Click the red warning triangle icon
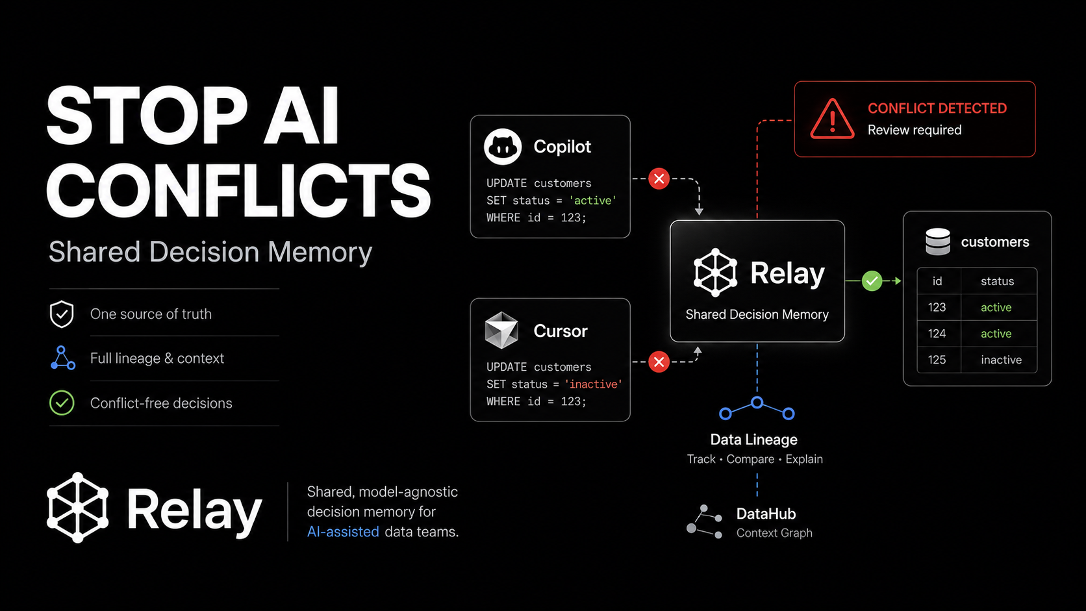pos(832,119)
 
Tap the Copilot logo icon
pos(503,146)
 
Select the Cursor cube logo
pos(501,330)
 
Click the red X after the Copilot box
pos(659,179)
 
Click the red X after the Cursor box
pos(659,362)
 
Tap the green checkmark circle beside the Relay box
pos(872,281)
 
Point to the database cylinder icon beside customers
pos(938,242)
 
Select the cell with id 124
pos(937,333)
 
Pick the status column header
pos(997,281)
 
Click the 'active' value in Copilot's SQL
pos(592,201)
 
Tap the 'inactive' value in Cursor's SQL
pos(594,384)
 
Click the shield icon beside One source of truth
pos(62,314)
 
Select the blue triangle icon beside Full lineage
pos(62,358)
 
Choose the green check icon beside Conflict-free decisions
pos(62,403)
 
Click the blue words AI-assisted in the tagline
pos(343,532)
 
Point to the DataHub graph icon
pos(705,522)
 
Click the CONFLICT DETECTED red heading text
pos(937,108)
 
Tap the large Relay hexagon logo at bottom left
pos(77,508)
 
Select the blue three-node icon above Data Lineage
pos(756,408)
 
